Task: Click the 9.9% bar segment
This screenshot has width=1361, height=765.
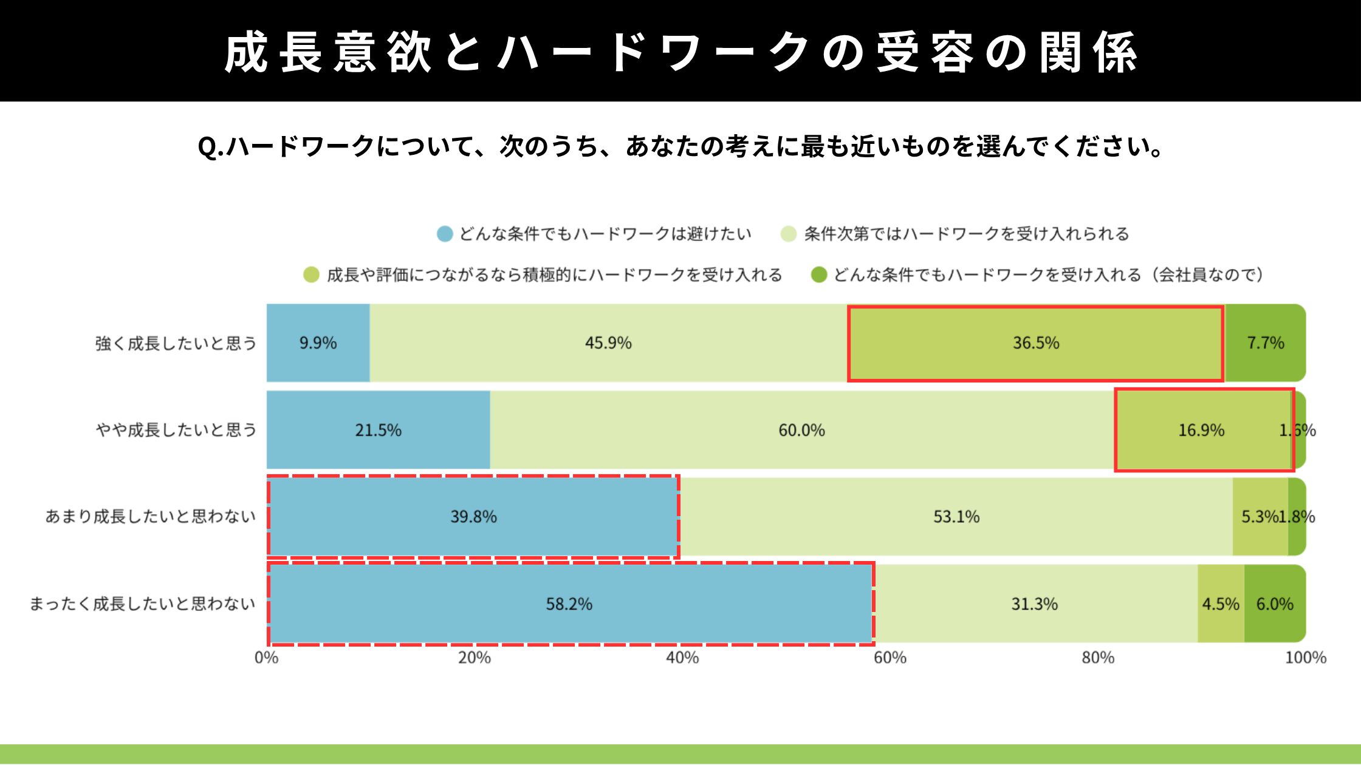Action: pyautogui.click(x=318, y=343)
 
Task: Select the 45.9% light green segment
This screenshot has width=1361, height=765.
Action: pyautogui.click(x=608, y=343)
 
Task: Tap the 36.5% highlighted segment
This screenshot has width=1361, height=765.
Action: pyautogui.click(x=1035, y=343)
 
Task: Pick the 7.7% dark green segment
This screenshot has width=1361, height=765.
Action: pyautogui.click(x=1265, y=343)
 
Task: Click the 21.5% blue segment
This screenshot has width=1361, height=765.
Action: pyautogui.click(x=378, y=430)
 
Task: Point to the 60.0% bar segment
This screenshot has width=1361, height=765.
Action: pyautogui.click(x=801, y=430)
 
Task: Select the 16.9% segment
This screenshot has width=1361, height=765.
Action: pyautogui.click(x=1201, y=430)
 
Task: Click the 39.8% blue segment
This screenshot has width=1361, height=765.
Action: pyautogui.click(x=473, y=517)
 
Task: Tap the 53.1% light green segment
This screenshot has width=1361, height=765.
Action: pyautogui.click(x=956, y=517)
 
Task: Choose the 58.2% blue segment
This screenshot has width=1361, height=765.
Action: pyautogui.click(x=569, y=603)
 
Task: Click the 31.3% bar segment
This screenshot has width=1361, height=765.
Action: pyautogui.click(x=1034, y=603)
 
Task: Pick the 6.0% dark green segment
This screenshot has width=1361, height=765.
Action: pyautogui.click(x=1274, y=603)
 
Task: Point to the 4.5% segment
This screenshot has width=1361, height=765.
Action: pyautogui.click(x=1221, y=603)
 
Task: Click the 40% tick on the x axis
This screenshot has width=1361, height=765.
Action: pyautogui.click(x=682, y=658)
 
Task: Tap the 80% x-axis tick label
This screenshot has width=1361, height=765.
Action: pyautogui.click(x=1098, y=658)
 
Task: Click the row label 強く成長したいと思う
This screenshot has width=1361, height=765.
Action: pyautogui.click(x=176, y=344)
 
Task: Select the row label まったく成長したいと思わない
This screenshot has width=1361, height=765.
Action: pyautogui.click(x=142, y=603)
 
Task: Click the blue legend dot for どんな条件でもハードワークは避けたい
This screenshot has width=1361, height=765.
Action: pyautogui.click(x=445, y=234)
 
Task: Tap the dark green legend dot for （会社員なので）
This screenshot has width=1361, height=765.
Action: pyautogui.click(x=819, y=275)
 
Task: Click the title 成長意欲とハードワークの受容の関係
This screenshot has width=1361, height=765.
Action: pyautogui.click(x=680, y=52)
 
